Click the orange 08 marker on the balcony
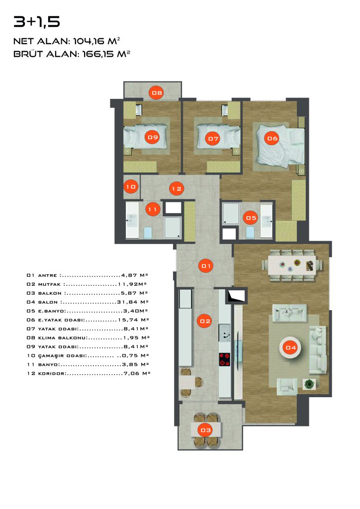[157, 93]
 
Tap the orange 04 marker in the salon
[290, 347]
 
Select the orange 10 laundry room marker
[131, 187]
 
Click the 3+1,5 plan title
[37, 22]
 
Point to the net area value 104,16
[89, 41]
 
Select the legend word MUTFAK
[49, 284]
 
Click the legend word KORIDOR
[51, 374]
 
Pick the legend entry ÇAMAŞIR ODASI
[62, 356]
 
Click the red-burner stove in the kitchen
[225, 359]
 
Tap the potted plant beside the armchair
[309, 384]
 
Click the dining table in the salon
[292, 265]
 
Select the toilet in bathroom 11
[148, 233]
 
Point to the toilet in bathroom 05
[250, 232]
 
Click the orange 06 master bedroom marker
[272, 139]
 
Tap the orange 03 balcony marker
[205, 430]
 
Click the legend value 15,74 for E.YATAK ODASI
[128, 320]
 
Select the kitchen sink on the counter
[225, 333]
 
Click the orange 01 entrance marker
[206, 266]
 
